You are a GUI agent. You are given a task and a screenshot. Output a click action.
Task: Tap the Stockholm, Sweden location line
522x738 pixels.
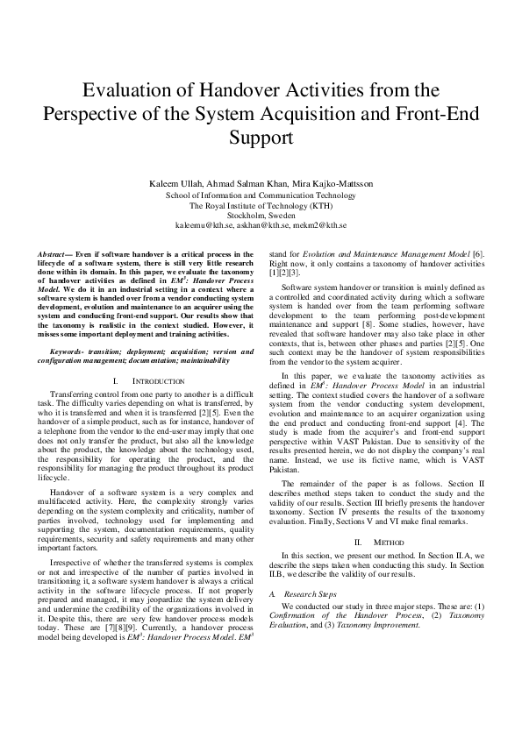[261, 215]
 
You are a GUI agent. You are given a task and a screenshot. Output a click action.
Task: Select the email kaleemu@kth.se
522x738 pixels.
[203, 225]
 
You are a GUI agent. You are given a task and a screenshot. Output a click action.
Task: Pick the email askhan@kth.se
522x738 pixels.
[261, 225]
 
